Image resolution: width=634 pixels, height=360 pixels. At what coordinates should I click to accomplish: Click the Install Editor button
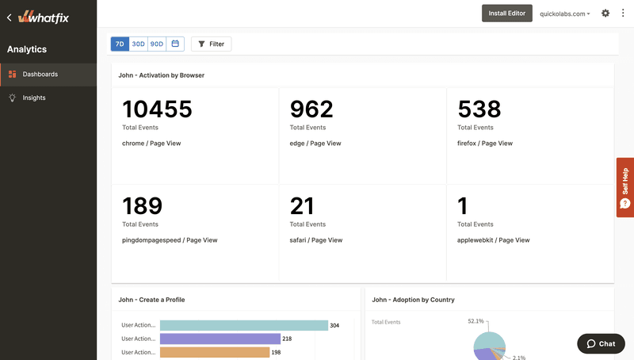(506, 13)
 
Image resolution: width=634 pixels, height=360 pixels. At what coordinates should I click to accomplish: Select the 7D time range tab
(120, 44)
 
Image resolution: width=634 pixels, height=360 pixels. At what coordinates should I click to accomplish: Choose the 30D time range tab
(138, 44)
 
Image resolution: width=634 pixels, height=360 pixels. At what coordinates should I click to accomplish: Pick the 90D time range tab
(157, 44)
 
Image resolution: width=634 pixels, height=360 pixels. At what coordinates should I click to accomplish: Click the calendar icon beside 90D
(175, 44)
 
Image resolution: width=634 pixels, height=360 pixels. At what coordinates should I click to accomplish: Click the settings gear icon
(605, 13)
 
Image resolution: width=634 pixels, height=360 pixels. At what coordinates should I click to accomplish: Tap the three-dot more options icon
(623, 13)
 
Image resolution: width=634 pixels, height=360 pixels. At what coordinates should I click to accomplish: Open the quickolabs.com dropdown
(564, 13)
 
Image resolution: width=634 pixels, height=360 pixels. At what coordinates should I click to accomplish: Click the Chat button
(600, 343)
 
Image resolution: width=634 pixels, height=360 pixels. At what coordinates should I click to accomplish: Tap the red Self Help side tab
(624, 187)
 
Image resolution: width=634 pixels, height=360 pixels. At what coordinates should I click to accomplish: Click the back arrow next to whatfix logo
(9, 16)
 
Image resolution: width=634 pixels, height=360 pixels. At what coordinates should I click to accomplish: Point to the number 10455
(157, 109)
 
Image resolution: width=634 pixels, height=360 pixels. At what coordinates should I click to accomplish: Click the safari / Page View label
(316, 239)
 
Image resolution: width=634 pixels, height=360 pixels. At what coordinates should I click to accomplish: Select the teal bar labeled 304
(243, 325)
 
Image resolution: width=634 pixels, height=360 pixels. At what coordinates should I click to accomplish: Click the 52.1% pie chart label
(475, 321)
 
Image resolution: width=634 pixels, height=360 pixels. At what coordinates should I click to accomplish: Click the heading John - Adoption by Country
(413, 300)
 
